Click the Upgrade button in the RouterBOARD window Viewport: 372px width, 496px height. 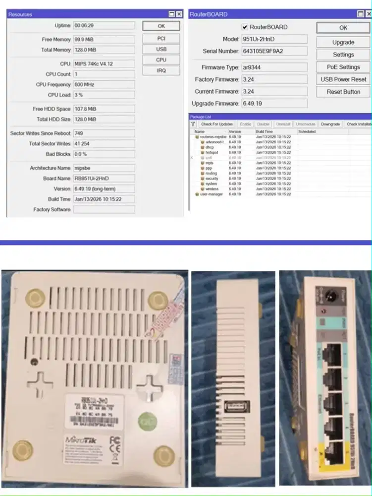[x=343, y=42]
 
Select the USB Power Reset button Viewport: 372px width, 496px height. [x=343, y=79]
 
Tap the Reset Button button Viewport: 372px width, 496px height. [x=343, y=92]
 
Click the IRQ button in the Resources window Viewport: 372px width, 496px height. [x=161, y=70]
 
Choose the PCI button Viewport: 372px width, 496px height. [x=161, y=38]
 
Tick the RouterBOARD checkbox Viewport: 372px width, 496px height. [x=245, y=27]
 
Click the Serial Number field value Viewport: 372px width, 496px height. [x=274, y=51]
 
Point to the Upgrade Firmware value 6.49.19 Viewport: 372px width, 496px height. [x=274, y=104]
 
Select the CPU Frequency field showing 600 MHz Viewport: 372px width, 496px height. [x=104, y=84]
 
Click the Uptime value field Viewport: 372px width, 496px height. [x=104, y=25]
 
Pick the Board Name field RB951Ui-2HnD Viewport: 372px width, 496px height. [x=104, y=179]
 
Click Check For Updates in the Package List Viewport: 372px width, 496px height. [x=216, y=124]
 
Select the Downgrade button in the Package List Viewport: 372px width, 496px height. [x=330, y=124]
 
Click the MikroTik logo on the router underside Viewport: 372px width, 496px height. [x=78, y=439]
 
